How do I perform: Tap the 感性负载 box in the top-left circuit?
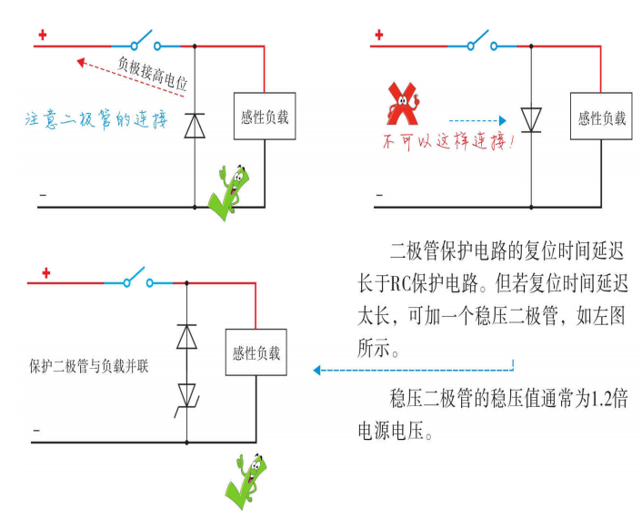(264, 116)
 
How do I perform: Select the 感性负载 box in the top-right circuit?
(602, 117)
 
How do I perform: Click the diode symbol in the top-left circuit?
(195, 125)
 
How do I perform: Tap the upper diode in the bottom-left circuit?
(186, 336)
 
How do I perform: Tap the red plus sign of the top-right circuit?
(378, 36)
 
